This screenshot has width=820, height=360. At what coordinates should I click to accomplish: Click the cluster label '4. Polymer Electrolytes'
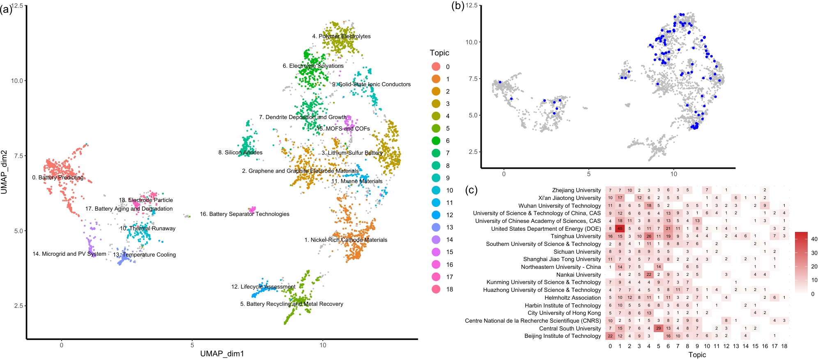click(x=341, y=36)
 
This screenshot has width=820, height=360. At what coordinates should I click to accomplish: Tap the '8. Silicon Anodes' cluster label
click(x=240, y=152)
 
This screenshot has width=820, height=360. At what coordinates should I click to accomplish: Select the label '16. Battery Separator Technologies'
click(x=244, y=214)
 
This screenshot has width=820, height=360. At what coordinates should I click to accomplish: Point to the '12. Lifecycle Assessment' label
click(x=263, y=287)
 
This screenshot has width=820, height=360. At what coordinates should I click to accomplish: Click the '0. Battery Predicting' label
click(x=58, y=177)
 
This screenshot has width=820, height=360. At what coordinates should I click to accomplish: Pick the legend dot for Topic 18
click(x=436, y=289)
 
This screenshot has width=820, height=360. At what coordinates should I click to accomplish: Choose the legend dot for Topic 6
click(x=436, y=140)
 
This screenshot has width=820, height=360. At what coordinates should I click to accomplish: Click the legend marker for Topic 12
click(x=436, y=215)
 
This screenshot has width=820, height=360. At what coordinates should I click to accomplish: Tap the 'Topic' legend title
click(x=439, y=53)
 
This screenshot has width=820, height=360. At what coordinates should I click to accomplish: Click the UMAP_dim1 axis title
click(x=222, y=353)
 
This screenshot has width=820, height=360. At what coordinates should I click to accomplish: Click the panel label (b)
click(x=457, y=6)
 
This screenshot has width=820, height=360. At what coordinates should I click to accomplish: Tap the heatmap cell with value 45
click(x=620, y=229)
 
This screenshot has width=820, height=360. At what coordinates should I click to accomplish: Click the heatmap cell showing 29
click(x=659, y=328)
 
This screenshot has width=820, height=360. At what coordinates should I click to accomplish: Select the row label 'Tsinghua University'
click(x=576, y=236)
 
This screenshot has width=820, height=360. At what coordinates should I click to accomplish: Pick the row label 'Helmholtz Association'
click(x=572, y=298)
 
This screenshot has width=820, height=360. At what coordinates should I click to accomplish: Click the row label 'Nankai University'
click(x=578, y=275)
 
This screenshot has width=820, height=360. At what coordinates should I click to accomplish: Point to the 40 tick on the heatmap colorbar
click(x=814, y=239)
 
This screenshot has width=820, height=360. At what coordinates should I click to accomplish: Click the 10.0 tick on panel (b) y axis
click(x=471, y=42)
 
